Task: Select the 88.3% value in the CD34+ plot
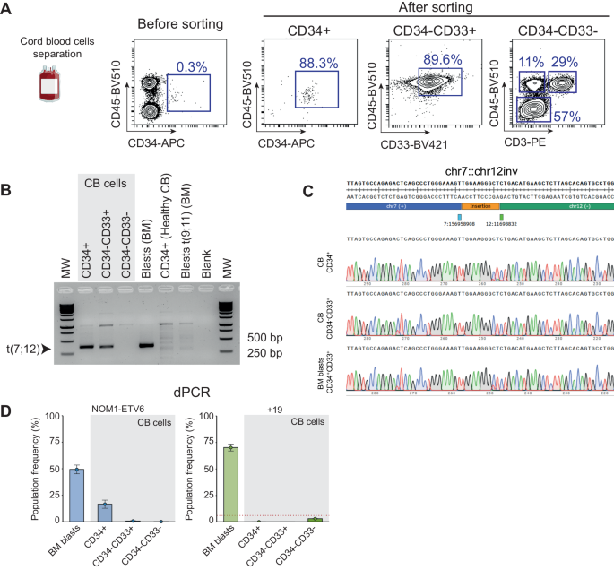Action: (x=312, y=63)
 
